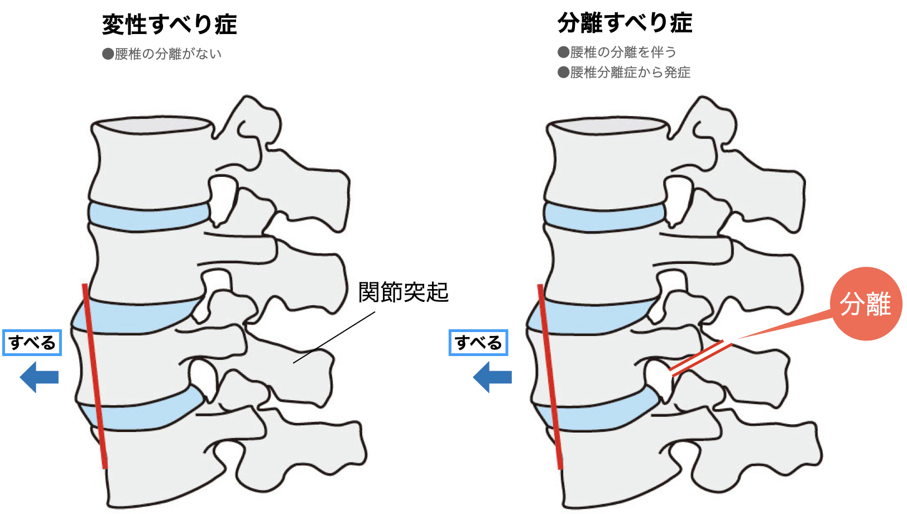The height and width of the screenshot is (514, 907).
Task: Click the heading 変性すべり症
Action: coord(169,25)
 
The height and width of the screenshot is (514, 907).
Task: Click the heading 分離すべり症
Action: coord(625,23)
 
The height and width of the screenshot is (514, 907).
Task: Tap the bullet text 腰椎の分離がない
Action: coord(168,54)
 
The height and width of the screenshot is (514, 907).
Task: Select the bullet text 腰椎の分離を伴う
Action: coord(623,52)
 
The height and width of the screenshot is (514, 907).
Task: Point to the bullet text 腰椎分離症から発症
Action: coord(630,73)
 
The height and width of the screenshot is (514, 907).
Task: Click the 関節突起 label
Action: coord(404,292)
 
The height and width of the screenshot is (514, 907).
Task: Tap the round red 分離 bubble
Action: coord(866,304)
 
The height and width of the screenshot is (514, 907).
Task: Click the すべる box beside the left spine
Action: coord(32,343)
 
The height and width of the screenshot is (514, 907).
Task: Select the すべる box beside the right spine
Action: coord(478,343)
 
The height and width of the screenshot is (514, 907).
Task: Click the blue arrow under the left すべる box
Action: coord(39,377)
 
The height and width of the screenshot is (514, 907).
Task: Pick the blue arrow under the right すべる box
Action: coord(492,377)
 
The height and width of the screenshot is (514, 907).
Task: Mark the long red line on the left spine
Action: coord(95,376)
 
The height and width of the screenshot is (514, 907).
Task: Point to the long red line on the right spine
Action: coord(550,376)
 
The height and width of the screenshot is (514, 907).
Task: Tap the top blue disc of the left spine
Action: coord(149,217)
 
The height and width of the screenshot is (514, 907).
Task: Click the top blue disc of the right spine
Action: coord(604,217)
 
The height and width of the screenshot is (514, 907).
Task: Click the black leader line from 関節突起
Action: coord(334,337)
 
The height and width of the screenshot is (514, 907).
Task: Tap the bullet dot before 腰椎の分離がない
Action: coord(108,54)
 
